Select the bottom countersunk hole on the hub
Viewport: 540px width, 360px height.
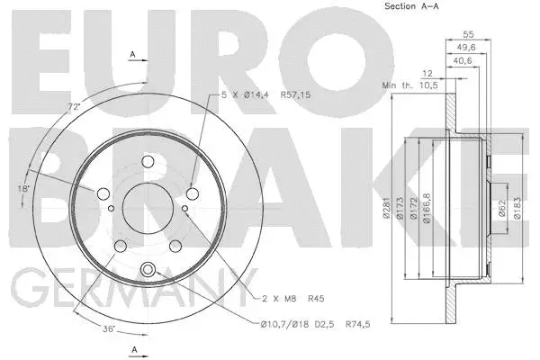[148, 267]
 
